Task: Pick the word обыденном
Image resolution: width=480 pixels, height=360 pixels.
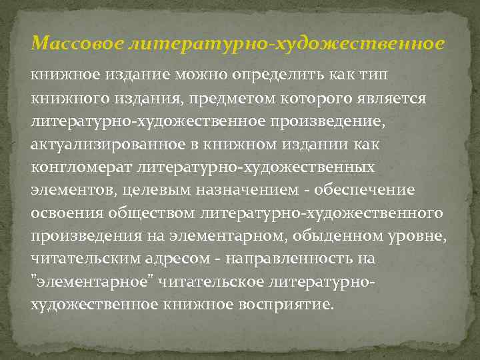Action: [x=317, y=237]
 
